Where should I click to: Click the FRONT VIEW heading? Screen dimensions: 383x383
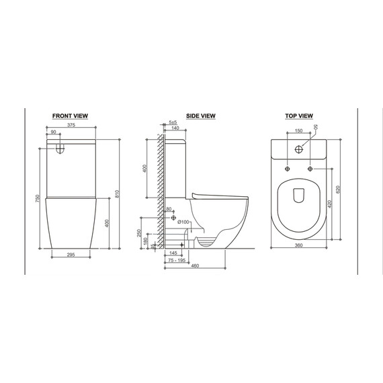point(70,116)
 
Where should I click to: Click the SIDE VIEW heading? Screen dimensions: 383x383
point(200,116)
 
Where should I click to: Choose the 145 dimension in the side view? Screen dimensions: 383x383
point(174,254)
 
